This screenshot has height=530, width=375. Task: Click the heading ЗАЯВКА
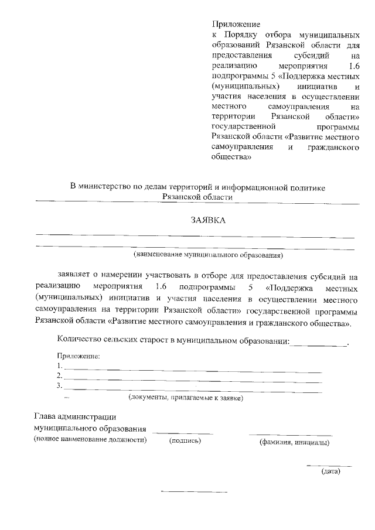click(208, 220)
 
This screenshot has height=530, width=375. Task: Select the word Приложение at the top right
click(235, 25)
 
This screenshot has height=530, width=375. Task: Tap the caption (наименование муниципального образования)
click(209, 255)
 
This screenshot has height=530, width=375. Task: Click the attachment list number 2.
click(59, 376)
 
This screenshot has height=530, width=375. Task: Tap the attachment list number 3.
click(59, 386)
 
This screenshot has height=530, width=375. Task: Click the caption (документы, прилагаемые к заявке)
click(186, 398)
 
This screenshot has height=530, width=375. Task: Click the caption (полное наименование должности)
click(90, 440)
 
